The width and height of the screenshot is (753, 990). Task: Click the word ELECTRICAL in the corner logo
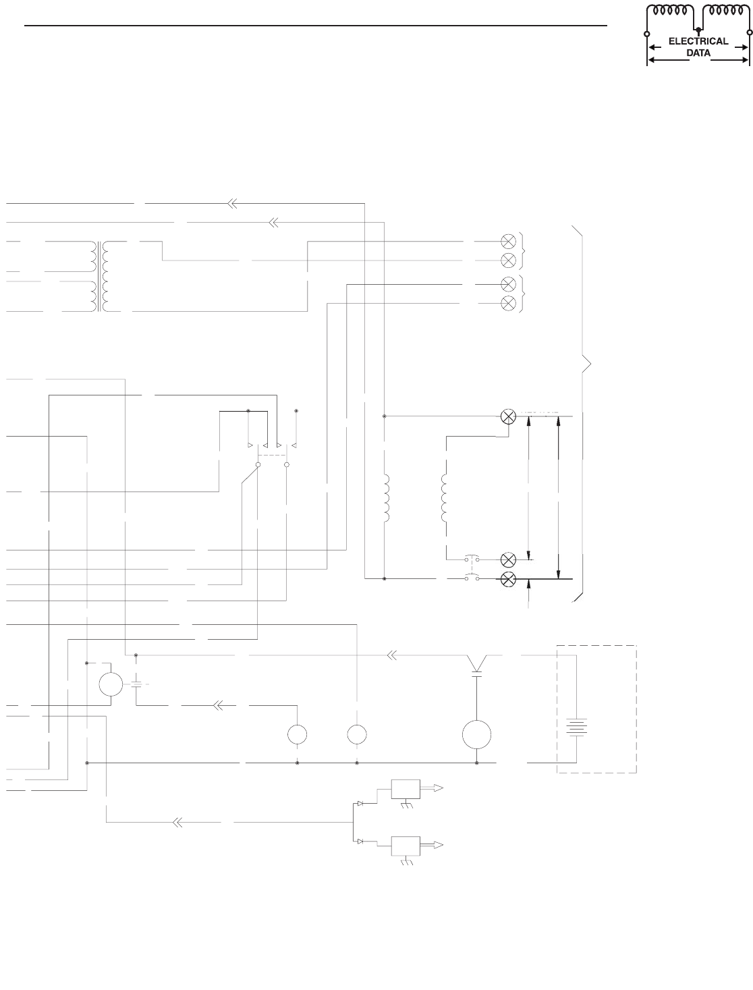(698, 41)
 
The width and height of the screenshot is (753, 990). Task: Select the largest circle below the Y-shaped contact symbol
(476, 734)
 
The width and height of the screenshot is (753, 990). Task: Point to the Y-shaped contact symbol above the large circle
(477, 663)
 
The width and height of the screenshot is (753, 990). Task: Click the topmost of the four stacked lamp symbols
(509, 240)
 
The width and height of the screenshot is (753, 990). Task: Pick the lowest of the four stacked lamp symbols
(509, 302)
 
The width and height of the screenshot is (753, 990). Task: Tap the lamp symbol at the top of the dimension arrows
(509, 417)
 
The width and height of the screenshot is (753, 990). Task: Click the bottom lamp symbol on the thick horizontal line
(509, 578)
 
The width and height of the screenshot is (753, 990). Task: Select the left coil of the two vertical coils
(387, 499)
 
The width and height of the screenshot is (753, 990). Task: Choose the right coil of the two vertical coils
(444, 499)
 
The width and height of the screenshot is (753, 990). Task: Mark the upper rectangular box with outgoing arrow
(406, 788)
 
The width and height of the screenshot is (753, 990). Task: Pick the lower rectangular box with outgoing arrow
(406, 845)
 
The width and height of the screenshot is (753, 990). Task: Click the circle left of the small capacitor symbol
(111, 684)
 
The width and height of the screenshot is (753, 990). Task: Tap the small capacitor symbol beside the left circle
(137, 684)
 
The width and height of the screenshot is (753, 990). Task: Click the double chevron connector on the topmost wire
(231, 202)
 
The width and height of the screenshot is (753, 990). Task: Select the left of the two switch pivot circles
(258, 465)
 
